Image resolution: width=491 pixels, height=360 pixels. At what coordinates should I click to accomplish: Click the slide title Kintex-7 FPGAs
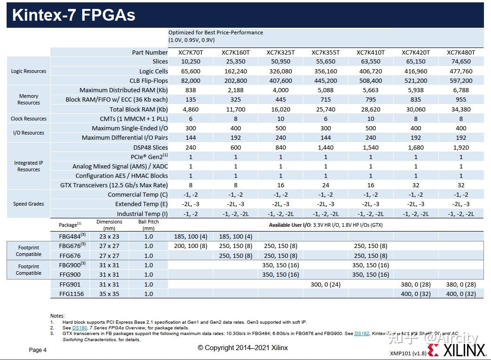(x=73, y=15)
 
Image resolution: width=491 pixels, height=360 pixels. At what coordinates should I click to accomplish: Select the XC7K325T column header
(x=280, y=52)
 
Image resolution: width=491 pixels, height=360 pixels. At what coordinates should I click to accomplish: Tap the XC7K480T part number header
(x=460, y=52)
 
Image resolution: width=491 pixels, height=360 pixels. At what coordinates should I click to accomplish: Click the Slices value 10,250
(x=190, y=62)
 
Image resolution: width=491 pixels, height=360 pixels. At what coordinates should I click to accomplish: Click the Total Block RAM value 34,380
(x=460, y=109)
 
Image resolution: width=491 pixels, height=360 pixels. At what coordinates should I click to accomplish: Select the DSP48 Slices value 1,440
(x=325, y=147)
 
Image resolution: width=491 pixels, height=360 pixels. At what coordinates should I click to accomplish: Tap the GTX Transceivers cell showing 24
(x=325, y=185)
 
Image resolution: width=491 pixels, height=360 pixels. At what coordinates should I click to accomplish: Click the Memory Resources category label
(x=29, y=99)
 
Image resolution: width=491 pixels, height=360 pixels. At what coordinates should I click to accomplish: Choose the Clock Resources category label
(x=29, y=119)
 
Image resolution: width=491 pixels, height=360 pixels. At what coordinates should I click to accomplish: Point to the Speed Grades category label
(x=29, y=204)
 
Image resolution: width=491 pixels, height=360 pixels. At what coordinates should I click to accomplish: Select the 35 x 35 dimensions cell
(x=109, y=294)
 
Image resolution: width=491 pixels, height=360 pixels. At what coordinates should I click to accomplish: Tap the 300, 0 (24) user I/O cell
(x=325, y=284)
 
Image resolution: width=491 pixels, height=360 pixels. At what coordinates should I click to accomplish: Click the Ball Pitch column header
(x=149, y=224)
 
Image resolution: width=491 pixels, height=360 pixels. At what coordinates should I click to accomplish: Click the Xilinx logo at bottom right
(x=457, y=350)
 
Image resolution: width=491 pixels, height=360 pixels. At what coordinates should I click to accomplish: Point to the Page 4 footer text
(x=38, y=350)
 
